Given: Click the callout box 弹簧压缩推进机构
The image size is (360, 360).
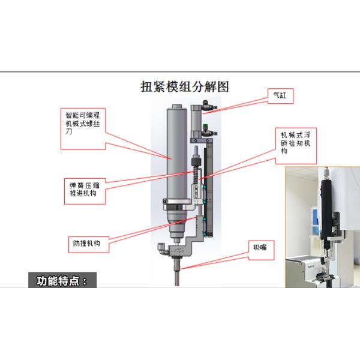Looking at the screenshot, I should [x=86, y=188].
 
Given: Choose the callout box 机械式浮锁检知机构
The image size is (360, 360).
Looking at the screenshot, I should [x=292, y=144].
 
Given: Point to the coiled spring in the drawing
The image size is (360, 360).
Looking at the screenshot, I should [x=195, y=174].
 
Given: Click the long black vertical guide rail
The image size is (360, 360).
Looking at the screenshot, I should [x=208, y=186].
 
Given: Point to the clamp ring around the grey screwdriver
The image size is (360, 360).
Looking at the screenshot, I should [x=175, y=210].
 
